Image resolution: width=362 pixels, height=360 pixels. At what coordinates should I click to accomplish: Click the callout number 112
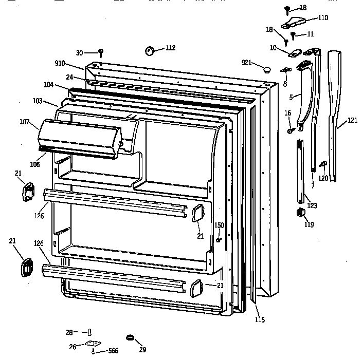pos(170,48)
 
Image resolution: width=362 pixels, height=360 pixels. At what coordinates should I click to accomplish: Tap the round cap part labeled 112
pos(151,50)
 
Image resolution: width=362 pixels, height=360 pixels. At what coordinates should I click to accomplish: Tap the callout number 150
pos(219,225)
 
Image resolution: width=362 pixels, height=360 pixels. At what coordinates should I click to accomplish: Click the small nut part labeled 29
pos(130,338)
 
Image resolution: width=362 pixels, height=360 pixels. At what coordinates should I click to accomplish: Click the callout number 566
pos(112,351)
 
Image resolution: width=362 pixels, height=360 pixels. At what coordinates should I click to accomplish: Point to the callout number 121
pos(352,120)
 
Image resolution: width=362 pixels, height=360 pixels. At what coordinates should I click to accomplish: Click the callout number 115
pos(260,320)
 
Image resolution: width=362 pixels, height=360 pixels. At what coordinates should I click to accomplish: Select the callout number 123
pos(312,205)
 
